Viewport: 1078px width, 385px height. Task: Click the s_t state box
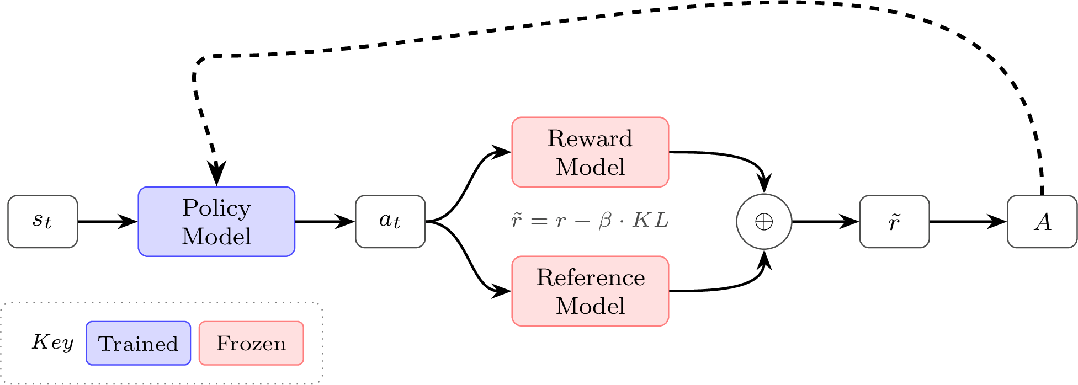[x=43, y=222]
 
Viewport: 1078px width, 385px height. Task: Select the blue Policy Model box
[x=216, y=222]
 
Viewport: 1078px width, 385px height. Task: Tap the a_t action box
[x=390, y=222]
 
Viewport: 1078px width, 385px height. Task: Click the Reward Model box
[x=590, y=152]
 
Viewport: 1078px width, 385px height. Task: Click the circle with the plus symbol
[x=764, y=222]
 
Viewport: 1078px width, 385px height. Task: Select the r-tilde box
[x=894, y=222]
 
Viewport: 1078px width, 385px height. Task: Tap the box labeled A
[x=1042, y=222]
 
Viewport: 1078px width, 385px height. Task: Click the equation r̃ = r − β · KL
[x=590, y=221]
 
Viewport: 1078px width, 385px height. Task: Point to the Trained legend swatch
[x=139, y=343]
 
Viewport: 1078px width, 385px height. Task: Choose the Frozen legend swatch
[x=251, y=343]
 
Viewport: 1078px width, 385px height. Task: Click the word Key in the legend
[x=52, y=342]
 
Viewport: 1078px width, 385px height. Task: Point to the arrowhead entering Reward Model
[x=501, y=151]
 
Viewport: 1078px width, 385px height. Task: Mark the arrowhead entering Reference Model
[x=501, y=291]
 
